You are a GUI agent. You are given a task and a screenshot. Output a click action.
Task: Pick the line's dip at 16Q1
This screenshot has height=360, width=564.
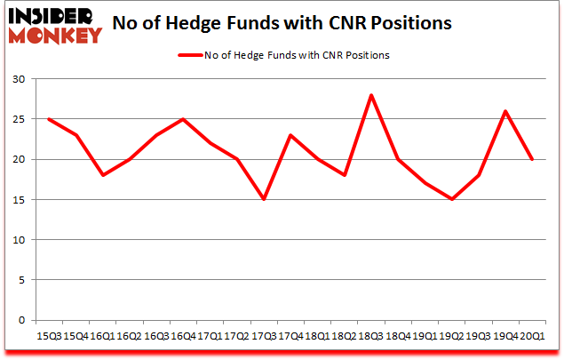[x=102, y=175]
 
